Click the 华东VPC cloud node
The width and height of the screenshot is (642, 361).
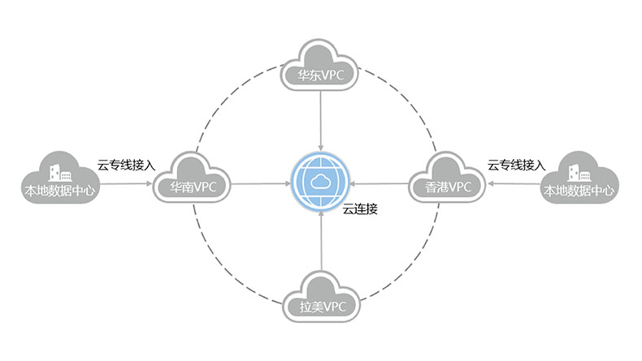(x=322, y=67)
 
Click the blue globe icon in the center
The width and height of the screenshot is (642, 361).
(x=322, y=183)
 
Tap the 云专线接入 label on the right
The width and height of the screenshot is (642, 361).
(x=516, y=165)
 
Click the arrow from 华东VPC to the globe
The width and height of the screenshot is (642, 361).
(x=322, y=122)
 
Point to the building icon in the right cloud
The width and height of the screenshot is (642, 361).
(x=579, y=173)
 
